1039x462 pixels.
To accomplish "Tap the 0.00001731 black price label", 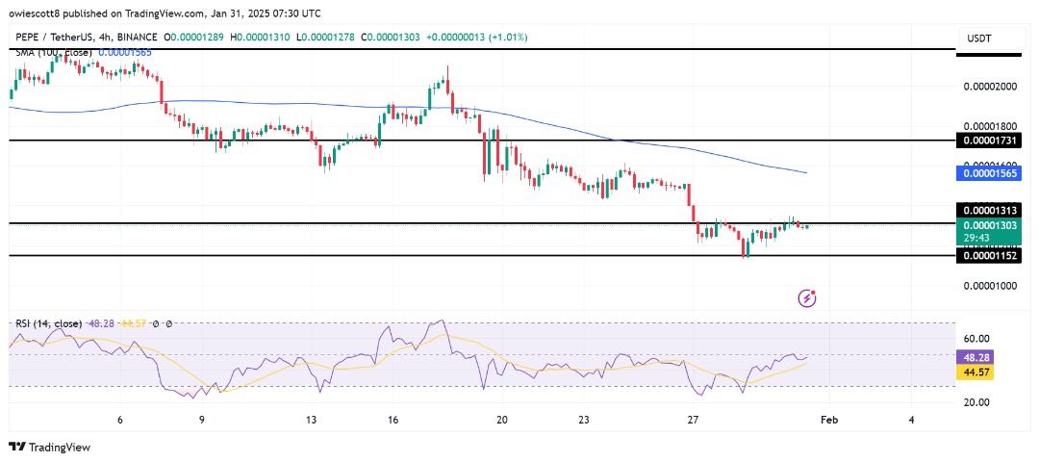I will point(989,141).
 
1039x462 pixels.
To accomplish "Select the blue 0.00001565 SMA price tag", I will point(989,173).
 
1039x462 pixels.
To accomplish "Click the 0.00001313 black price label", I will point(989,210).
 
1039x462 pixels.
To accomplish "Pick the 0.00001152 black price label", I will point(989,256).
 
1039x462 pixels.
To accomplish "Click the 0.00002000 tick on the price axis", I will point(990,87).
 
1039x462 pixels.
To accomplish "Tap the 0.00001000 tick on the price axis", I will point(990,286).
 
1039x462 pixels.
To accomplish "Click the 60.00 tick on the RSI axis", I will point(977,339).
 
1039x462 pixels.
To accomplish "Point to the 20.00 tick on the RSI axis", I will point(977,402).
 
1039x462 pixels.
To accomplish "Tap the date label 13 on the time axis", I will point(311,421).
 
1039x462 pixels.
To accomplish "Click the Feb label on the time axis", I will point(828,421).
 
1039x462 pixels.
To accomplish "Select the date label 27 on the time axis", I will point(693,421).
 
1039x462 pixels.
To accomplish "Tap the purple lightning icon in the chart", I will point(808,298).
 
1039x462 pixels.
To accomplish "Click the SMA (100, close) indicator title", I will point(55,52).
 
